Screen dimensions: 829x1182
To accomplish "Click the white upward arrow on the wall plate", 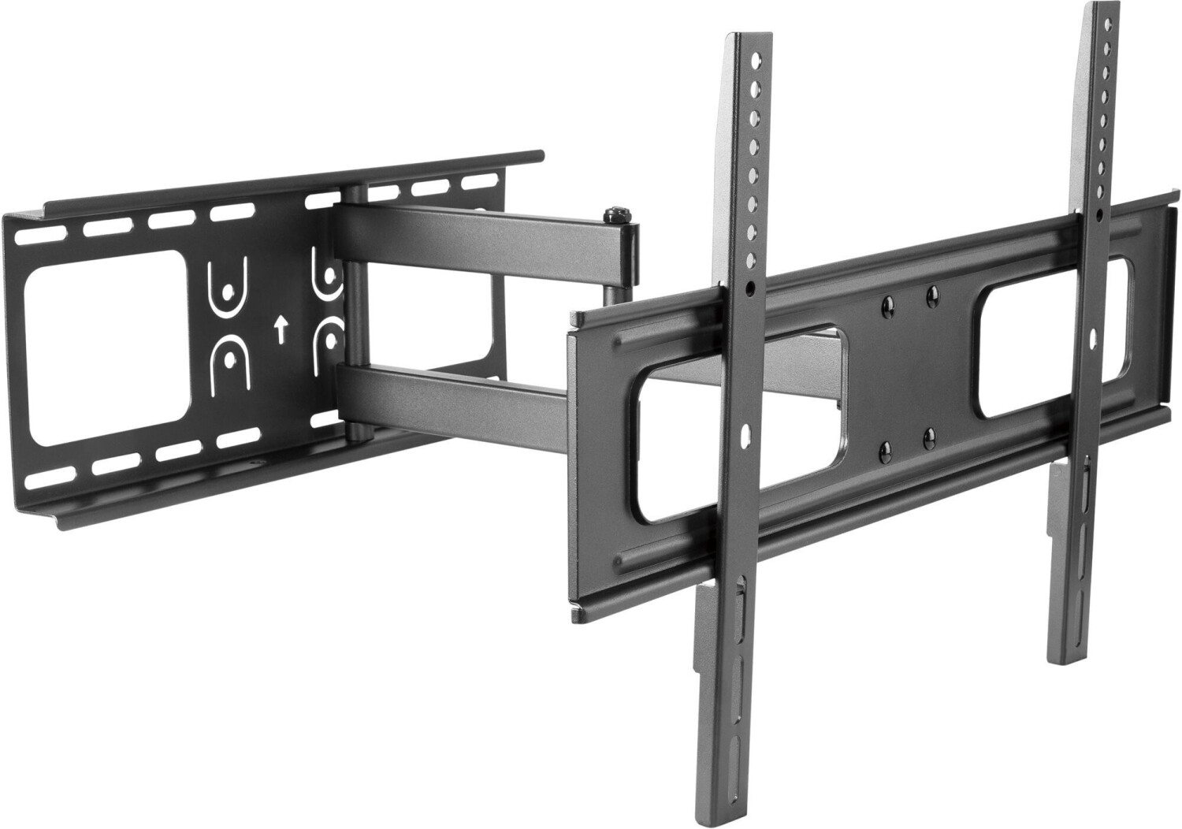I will (278, 329).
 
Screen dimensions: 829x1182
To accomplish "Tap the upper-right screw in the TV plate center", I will (933, 294).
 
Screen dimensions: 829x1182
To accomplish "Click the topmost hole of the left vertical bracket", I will (757, 61).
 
